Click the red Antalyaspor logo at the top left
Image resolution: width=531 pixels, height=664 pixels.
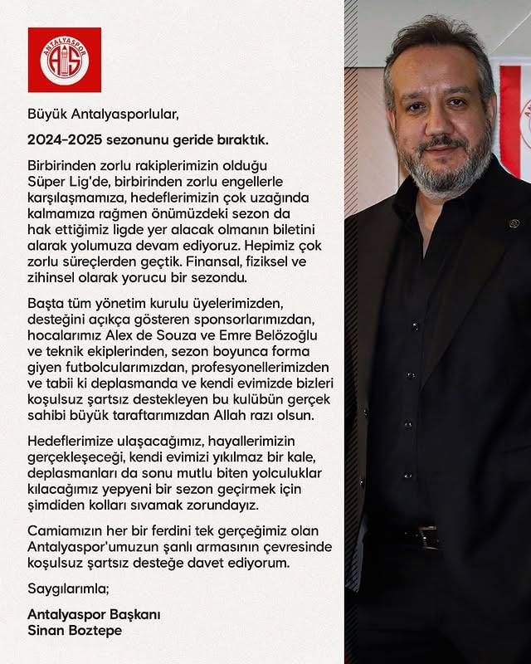tap(64, 60)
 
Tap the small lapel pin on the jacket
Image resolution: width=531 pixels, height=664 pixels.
tap(514, 224)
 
